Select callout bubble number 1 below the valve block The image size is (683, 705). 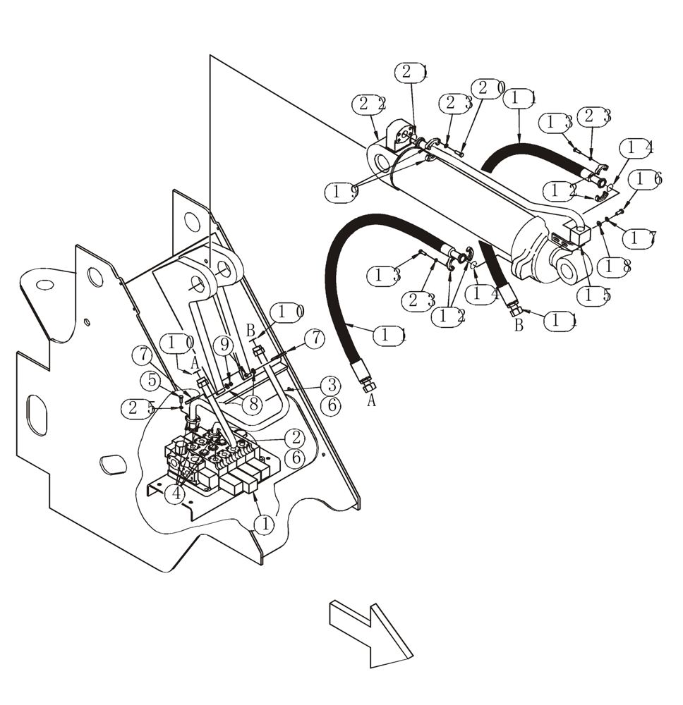pyautogui.click(x=265, y=524)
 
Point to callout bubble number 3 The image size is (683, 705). pyautogui.click(x=332, y=386)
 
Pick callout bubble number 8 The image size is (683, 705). pyautogui.click(x=253, y=404)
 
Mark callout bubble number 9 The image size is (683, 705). pyautogui.click(x=224, y=345)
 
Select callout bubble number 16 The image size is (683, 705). pyautogui.click(x=648, y=179)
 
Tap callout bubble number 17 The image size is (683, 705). pyautogui.click(x=643, y=238)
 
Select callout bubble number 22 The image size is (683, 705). pyautogui.click(x=370, y=104)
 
